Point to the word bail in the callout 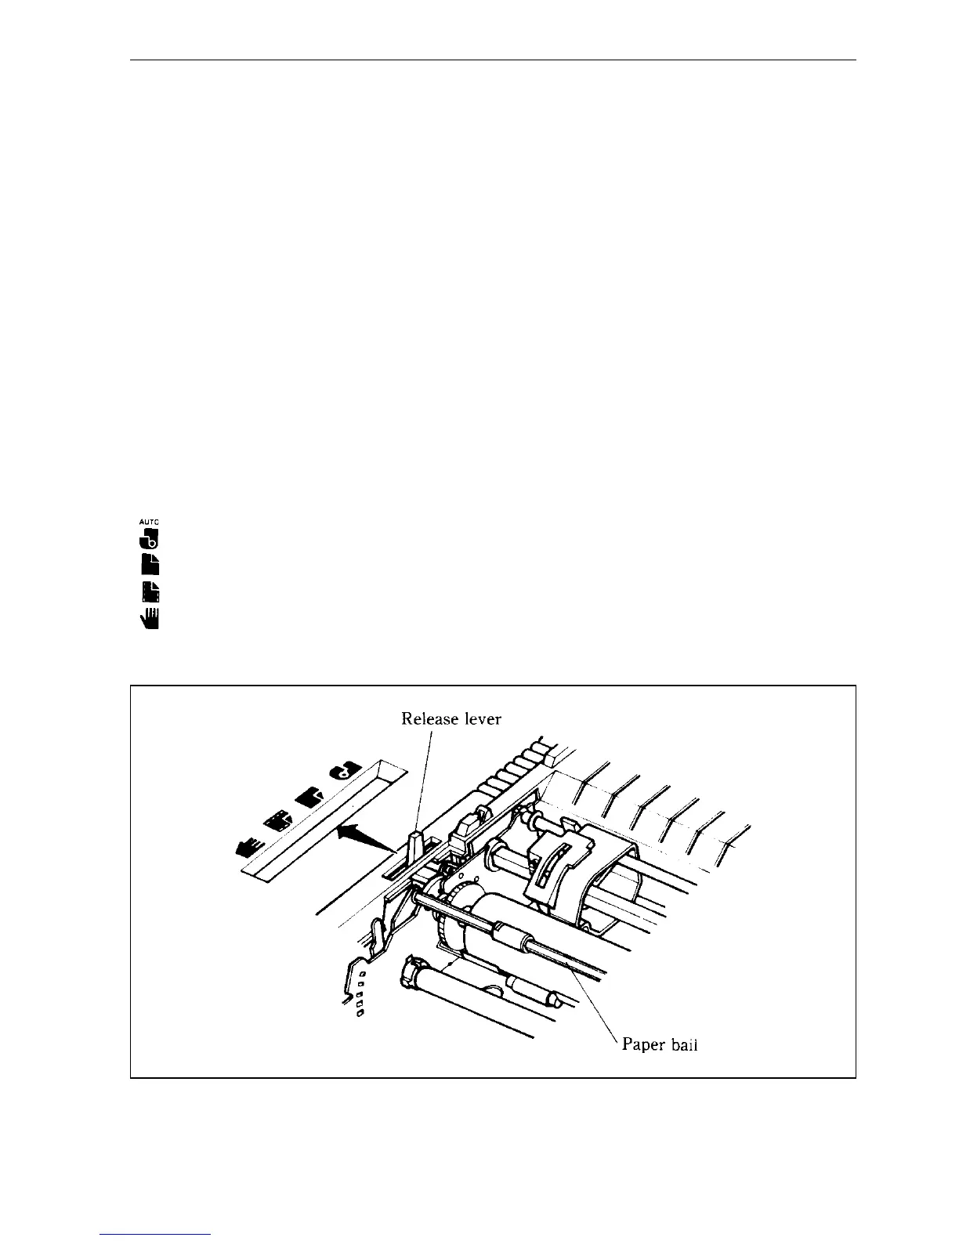pyautogui.click(x=684, y=1044)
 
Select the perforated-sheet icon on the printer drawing pyautogui.click(x=277, y=822)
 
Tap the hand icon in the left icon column pyautogui.click(x=150, y=618)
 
